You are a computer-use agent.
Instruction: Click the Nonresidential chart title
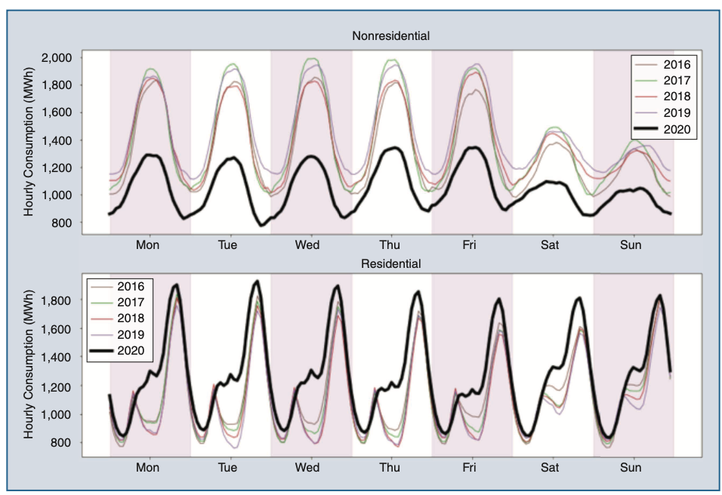[390, 35]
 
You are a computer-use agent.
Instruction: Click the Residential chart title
[390, 263]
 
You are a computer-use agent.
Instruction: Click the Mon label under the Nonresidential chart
[148, 244]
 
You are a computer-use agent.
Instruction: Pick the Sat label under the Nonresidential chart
[551, 244]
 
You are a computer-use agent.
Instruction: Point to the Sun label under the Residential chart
[631, 467]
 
